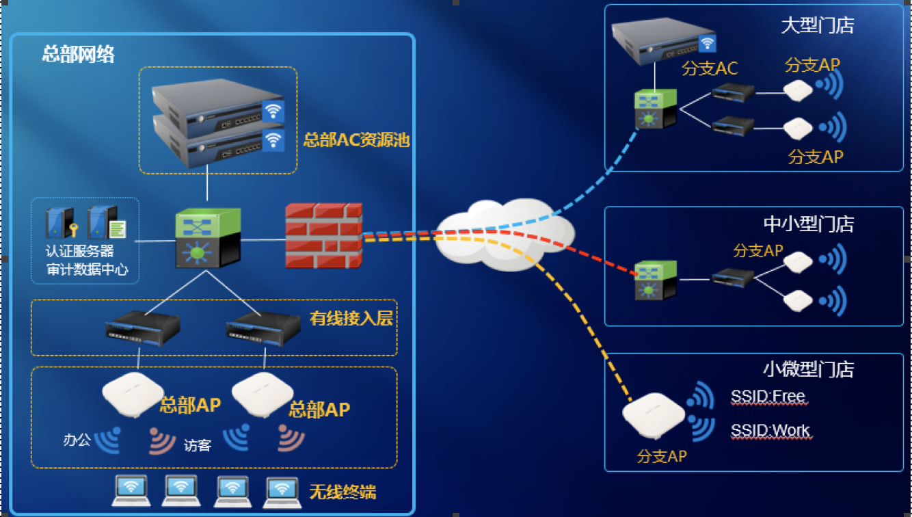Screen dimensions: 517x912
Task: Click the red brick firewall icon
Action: [323, 235]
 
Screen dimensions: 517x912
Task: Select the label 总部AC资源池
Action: [356, 140]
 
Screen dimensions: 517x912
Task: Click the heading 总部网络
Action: [78, 54]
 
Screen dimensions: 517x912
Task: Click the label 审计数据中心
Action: [87, 269]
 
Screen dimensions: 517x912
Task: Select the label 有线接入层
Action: [351, 318]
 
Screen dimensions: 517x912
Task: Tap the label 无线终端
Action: [343, 492]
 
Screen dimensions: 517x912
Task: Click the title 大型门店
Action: [817, 26]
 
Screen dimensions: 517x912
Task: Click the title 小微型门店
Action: [808, 369]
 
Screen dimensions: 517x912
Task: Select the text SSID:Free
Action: [768, 397]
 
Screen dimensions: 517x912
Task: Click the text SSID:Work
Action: [770, 431]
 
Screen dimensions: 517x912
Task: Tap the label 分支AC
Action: [710, 69]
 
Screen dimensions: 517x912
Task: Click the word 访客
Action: [198, 446]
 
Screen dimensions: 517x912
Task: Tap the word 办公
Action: [77, 440]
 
